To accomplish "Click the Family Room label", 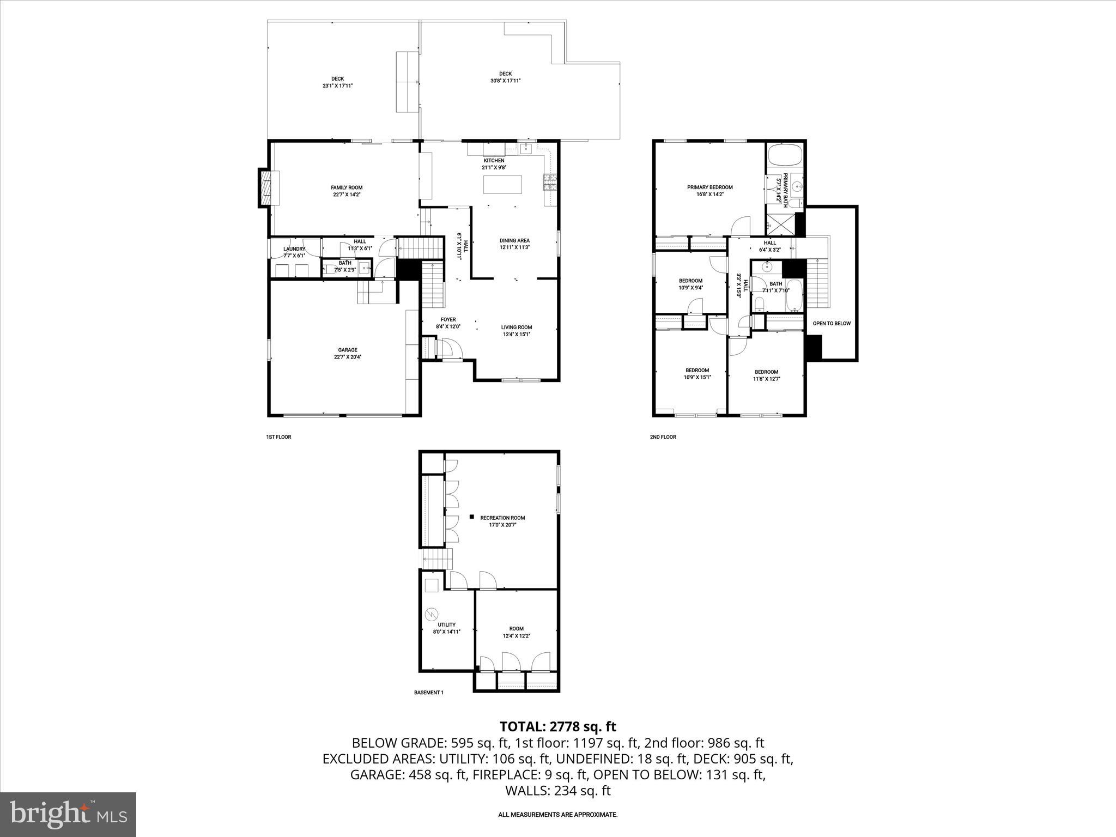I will (x=347, y=187).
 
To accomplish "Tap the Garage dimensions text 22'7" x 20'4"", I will (x=348, y=357).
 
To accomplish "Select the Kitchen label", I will (x=494, y=161).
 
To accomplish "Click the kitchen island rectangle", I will (x=502, y=184).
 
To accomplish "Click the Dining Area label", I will (x=514, y=240).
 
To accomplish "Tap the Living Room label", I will (x=516, y=327).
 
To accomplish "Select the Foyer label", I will (x=448, y=320).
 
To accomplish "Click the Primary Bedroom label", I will (x=709, y=187).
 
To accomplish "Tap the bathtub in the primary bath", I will (x=785, y=156).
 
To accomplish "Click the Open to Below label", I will (x=831, y=324).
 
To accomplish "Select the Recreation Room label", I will (x=502, y=518).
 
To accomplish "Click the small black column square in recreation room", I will (x=471, y=516).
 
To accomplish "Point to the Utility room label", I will (x=446, y=625).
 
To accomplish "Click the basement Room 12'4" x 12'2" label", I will (x=516, y=629).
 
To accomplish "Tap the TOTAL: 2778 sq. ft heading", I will (x=557, y=726).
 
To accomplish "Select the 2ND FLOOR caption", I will (x=663, y=437).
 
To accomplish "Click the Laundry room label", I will (x=294, y=249).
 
